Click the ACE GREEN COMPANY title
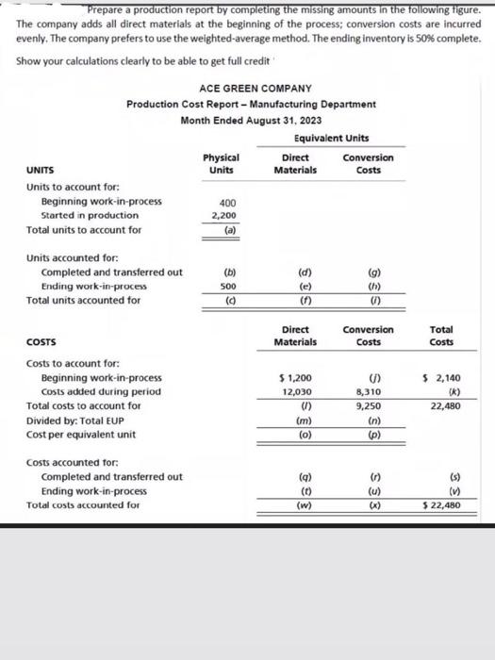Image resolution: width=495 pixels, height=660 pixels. click(x=251, y=88)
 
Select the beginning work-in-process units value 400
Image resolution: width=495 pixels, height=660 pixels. click(x=228, y=202)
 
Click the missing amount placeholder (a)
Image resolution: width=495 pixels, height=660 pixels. click(x=229, y=229)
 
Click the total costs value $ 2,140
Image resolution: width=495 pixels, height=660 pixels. click(x=441, y=377)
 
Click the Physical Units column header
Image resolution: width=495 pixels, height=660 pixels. click(x=221, y=164)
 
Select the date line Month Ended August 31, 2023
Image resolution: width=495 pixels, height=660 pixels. click(x=251, y=120)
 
